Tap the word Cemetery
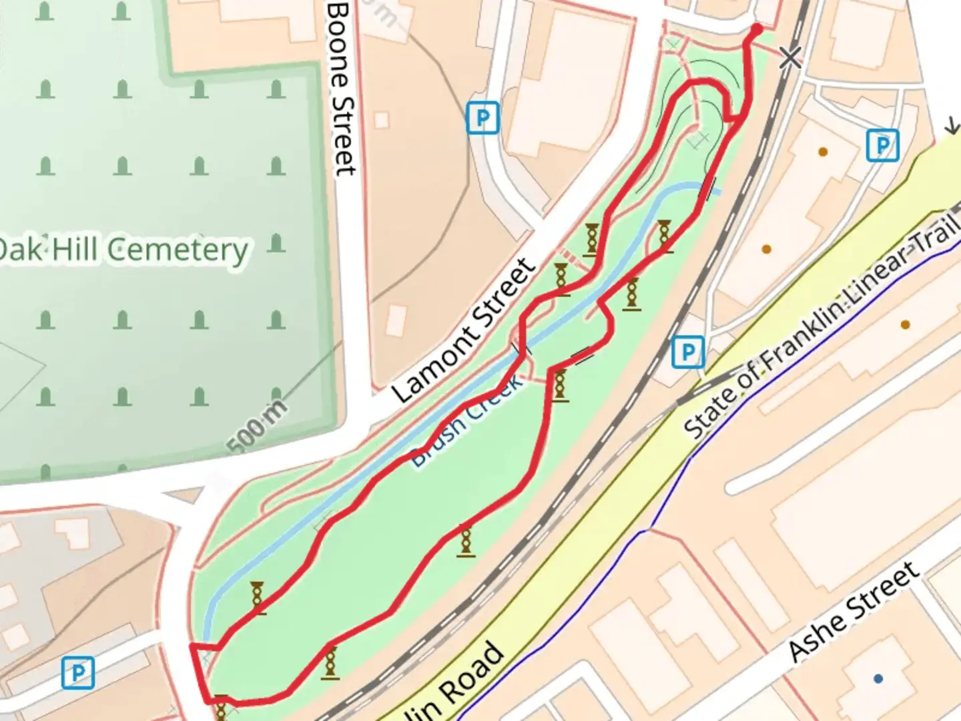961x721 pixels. point(178,251)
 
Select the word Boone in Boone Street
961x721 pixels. point(340,43)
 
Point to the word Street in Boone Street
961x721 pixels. point(343,137)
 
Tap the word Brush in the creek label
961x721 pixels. point(438,443)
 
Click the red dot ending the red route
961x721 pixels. point(756,29)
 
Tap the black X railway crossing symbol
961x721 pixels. point(790,58)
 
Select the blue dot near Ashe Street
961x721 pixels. point(878,678)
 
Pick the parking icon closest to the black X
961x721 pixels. point(882,145)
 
